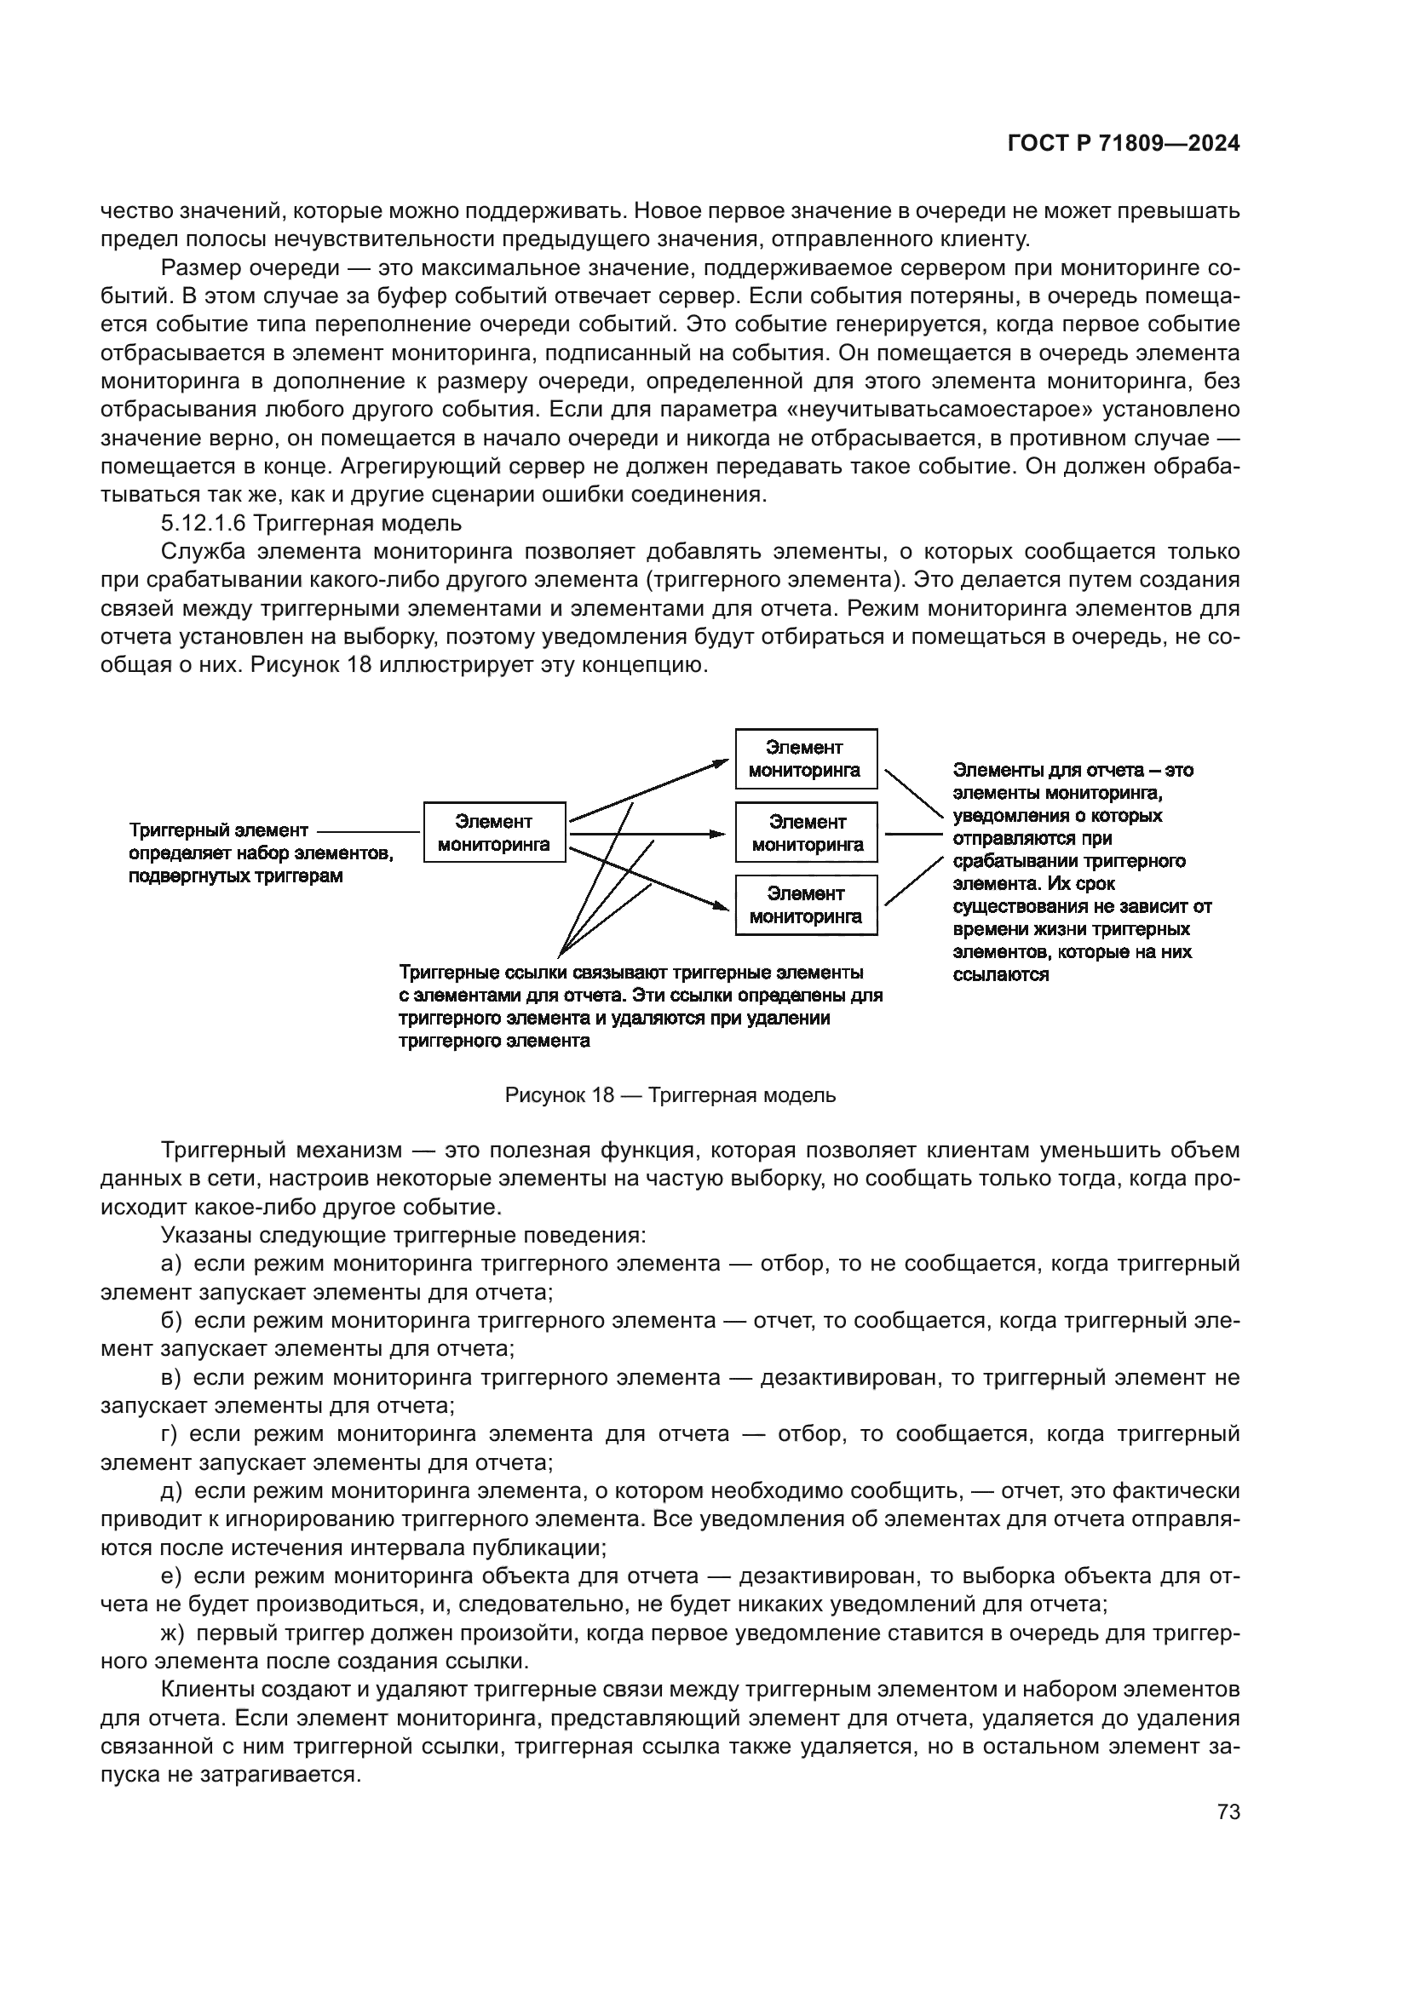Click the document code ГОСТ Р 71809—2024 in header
click(x=1124, y=144)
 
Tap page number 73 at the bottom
click(x=1228, y=1812)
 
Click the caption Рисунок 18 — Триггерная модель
click(x=670, y=1095)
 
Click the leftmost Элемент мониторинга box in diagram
click(x=495, y=832)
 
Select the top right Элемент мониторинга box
click(x=806, y=758)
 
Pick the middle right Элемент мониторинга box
click(x=806, y=832)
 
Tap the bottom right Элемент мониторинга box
click(x=806, y=905)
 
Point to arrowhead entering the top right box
click(x=722, y=761)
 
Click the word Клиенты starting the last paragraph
click(x=204, y=1690)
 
